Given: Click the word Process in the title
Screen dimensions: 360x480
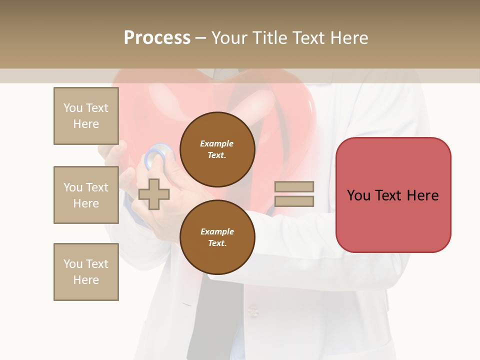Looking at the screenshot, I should [157, 38].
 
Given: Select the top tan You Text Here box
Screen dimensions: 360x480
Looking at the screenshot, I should [86, 116].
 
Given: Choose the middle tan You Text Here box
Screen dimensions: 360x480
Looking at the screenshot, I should [86, 195].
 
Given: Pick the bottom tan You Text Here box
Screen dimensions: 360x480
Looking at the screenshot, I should [86, 272].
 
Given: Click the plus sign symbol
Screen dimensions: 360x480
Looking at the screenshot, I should [154, 194].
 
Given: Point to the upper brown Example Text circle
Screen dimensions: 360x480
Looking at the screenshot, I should [217, 149].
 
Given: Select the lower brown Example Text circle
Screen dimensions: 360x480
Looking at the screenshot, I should [217, 237].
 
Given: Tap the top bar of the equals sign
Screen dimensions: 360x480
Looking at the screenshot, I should [294, 186].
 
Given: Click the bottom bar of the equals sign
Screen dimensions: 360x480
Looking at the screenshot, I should [294, 201].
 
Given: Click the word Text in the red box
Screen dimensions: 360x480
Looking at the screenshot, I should [390, 195].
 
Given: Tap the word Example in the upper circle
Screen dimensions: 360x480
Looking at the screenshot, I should [217, 143].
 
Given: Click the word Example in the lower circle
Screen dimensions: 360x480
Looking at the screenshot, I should [217, 231].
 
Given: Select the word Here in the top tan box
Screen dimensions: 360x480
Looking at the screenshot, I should [86, 124].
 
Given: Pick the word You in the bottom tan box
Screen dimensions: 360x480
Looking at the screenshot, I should [73, 264].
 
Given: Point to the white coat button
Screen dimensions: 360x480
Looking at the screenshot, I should [253, 313].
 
